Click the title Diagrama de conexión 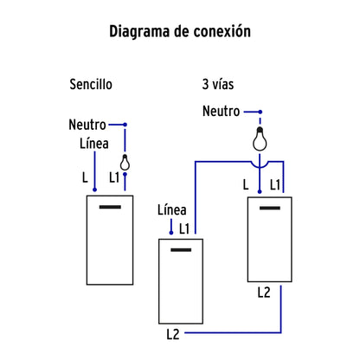180,32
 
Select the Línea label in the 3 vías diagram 171,209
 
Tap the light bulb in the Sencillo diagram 125,161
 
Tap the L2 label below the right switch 264,292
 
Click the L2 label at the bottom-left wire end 174,332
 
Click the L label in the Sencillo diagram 85,177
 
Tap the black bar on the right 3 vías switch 270,208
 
